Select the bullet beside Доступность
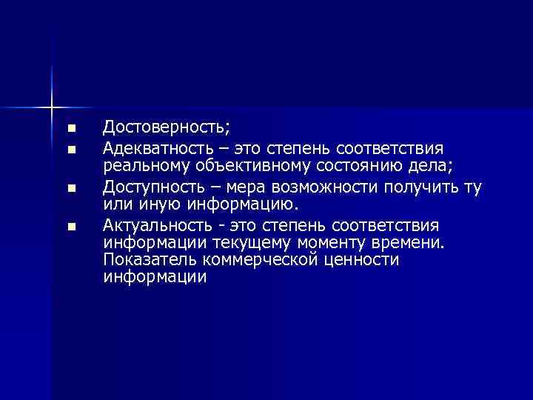[71, 187]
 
